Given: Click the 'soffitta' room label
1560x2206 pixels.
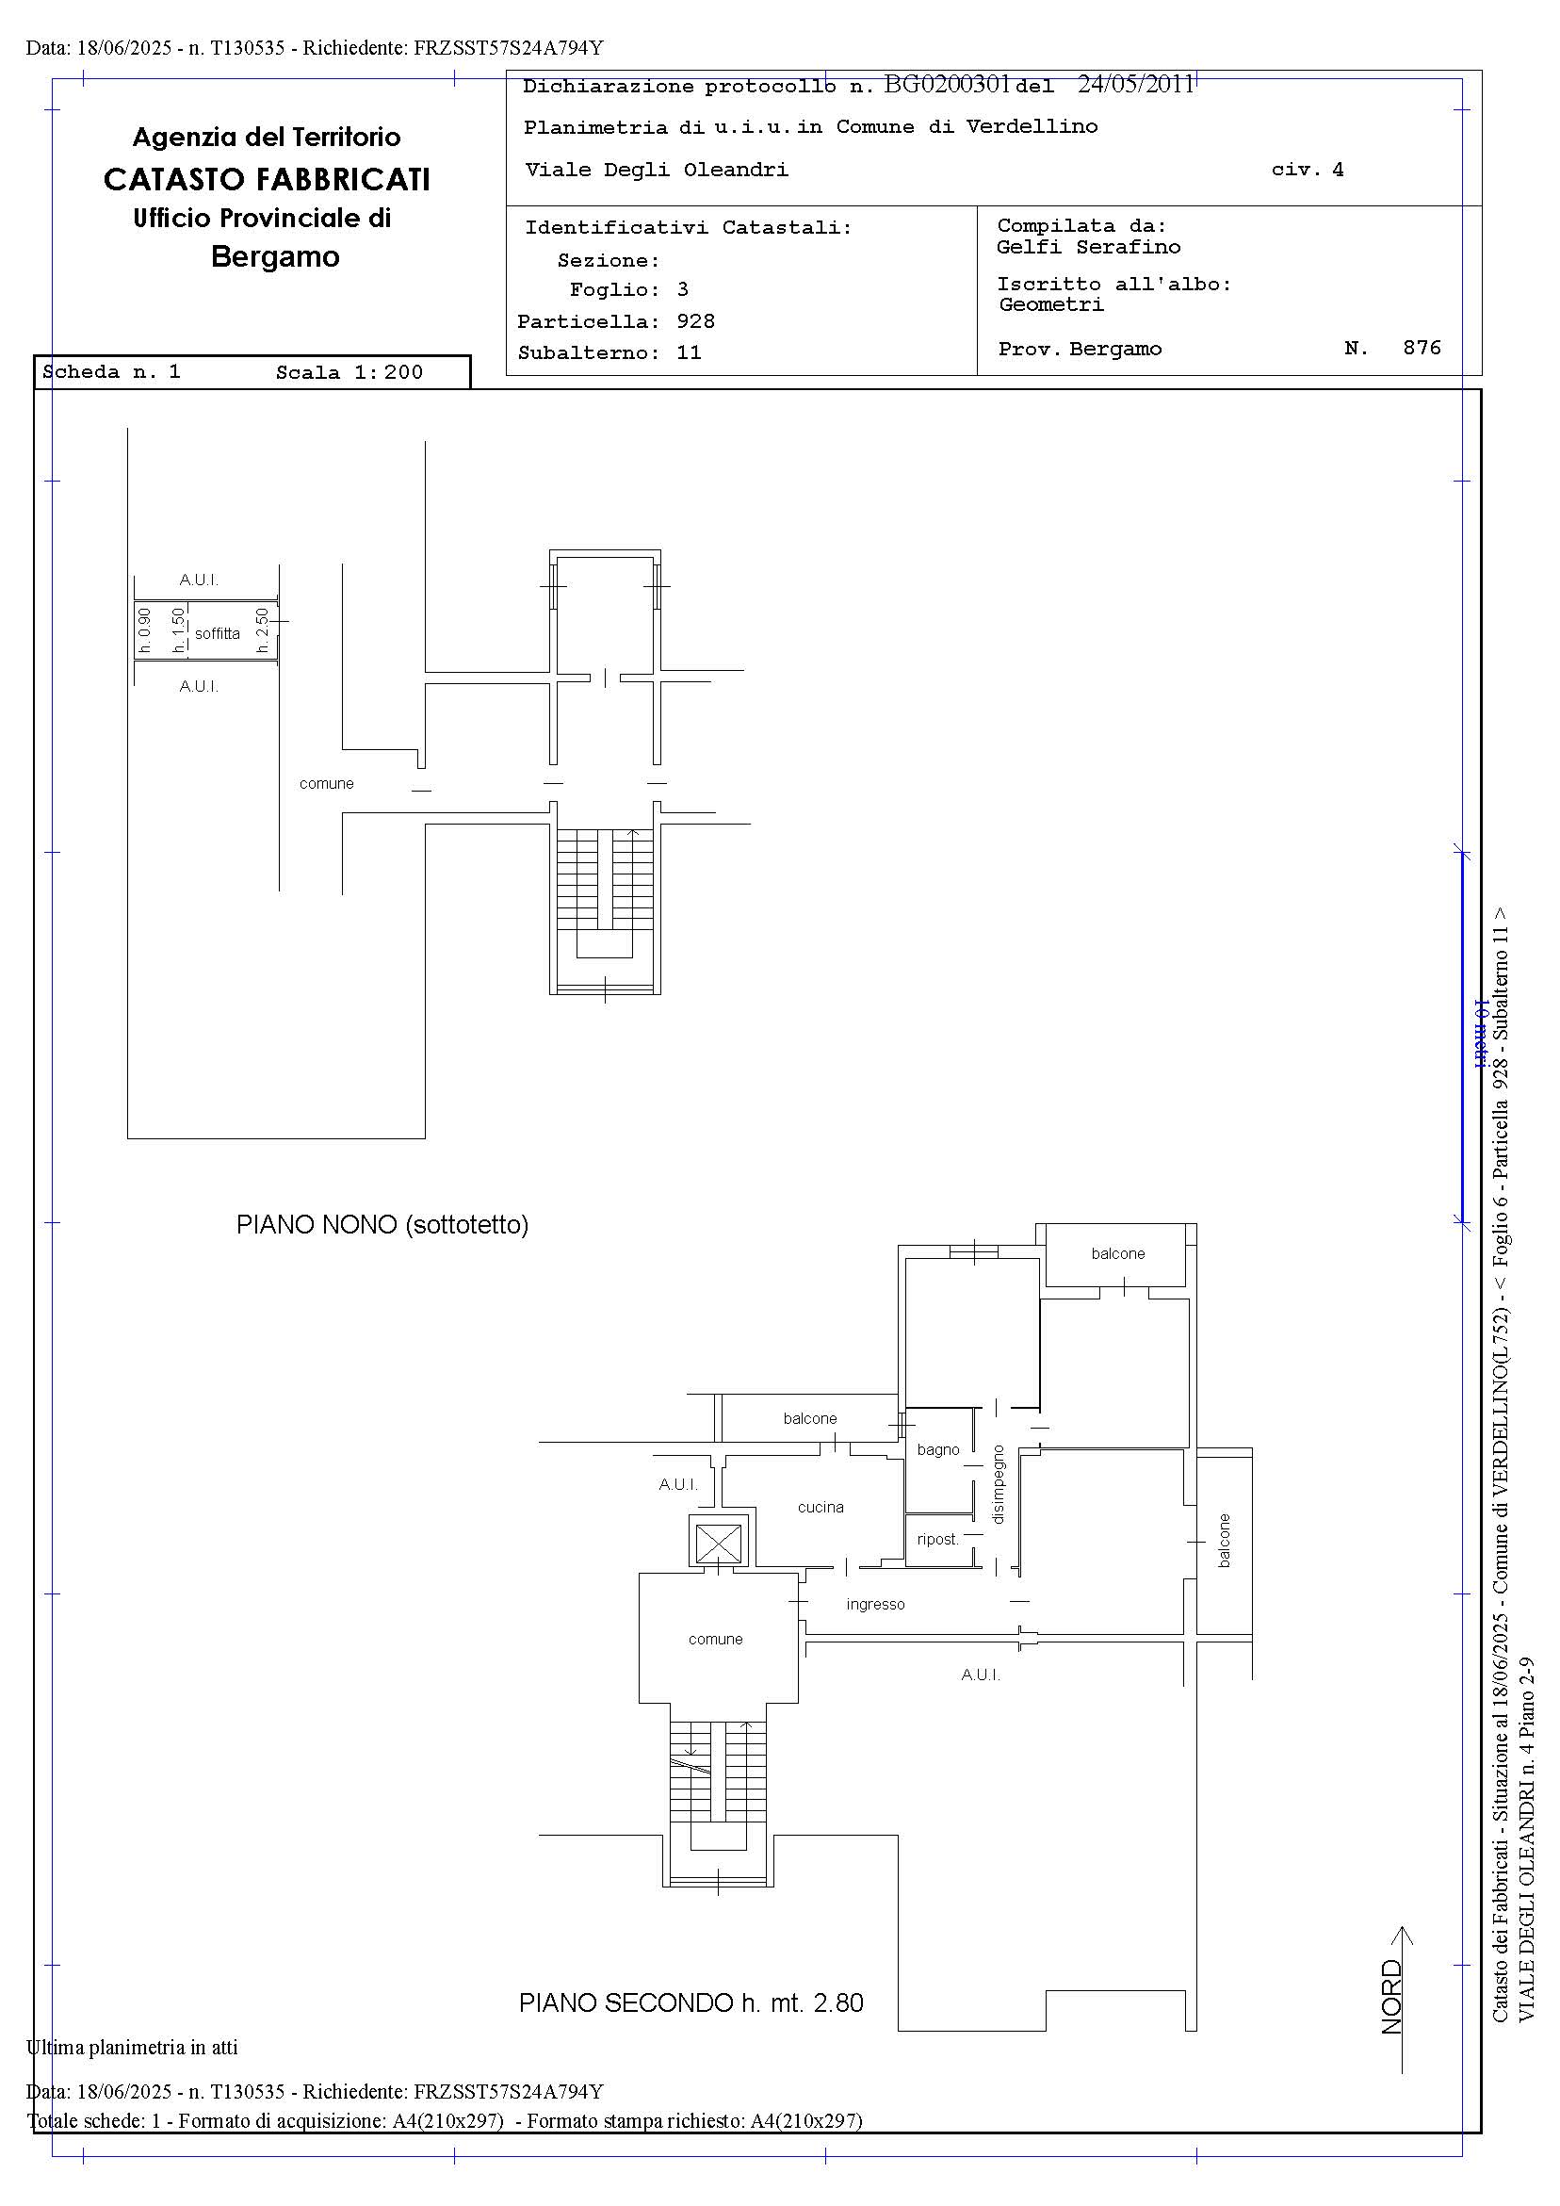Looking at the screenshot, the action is click(217, 634).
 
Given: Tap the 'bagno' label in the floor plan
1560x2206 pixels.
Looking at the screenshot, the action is click(937, 1450).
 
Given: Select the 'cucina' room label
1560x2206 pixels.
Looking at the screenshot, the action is click(821, 1507).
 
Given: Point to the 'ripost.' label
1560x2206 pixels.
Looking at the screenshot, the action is click(937, 1539).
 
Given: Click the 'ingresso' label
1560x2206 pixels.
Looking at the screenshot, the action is click(875, 1605).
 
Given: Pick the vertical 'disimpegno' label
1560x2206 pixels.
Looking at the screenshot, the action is click(998, 1484).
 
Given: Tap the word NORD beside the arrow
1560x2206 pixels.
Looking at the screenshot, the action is click(1391, 1998).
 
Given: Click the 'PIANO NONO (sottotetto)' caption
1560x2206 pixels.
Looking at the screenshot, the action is click(382, 1225).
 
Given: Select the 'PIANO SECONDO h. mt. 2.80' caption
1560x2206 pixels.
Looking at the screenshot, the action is click(691, 2003).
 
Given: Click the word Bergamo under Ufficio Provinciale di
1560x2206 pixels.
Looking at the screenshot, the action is click(275, 256).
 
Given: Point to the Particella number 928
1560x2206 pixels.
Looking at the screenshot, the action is click(695, 321).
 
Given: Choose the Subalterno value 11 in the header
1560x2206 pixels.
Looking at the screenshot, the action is click(689, 352).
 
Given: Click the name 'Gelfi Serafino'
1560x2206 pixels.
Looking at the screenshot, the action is click(1088, 247).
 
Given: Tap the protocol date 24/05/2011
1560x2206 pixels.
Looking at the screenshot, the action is click(1135, 85).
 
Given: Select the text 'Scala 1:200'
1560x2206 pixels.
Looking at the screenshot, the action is click(349, 373).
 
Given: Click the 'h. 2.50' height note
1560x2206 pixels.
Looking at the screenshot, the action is click(262, 630).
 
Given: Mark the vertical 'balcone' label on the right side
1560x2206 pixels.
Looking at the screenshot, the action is click(1224, 1541).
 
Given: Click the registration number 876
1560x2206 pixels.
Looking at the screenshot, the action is click(1422, 348).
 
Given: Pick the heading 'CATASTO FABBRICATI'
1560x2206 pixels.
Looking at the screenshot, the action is click(267, 180).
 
